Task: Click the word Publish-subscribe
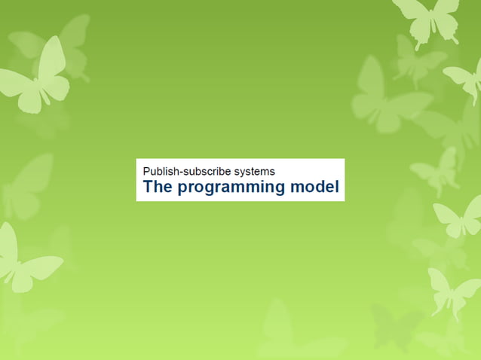pos(189,171)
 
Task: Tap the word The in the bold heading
pos(158,187)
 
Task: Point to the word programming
pos(231,188)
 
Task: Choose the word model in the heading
pos(315,187)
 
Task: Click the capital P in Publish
pos(146,171)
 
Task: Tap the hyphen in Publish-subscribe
pos(178,172)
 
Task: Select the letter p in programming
pos(182,189)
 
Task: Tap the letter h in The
pos(158,187)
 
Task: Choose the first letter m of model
pos(297,188)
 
